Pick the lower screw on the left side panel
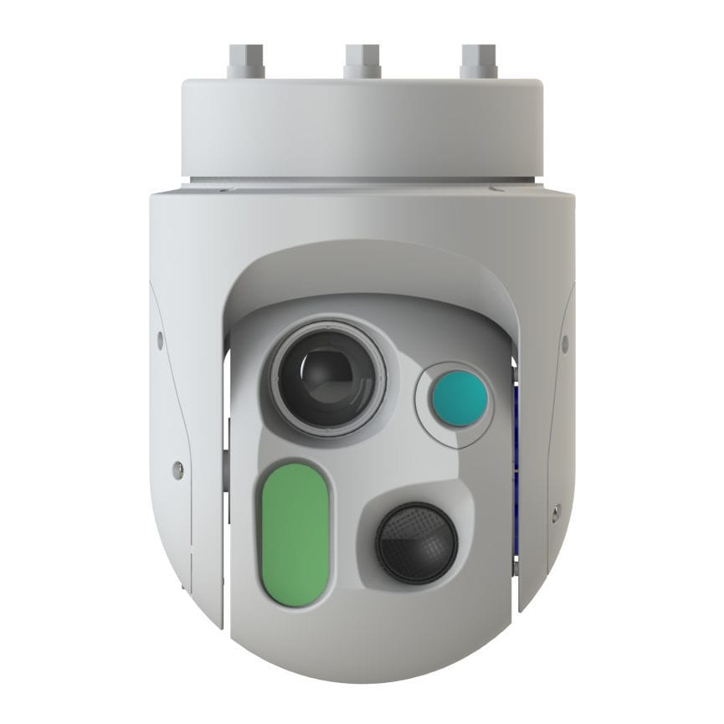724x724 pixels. coord(177,470)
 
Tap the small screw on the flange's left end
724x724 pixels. coord(224,190)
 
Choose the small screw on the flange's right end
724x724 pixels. coord(501,189)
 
